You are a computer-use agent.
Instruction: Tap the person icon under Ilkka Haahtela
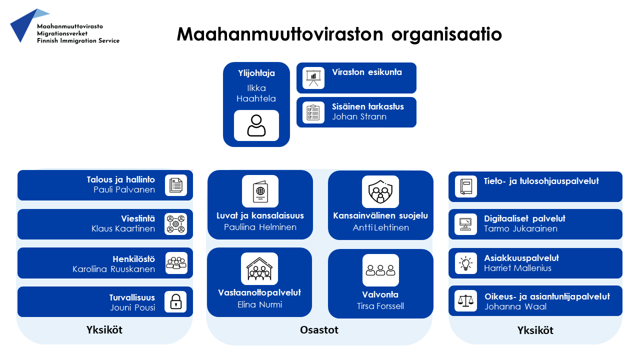(x=256, y=125)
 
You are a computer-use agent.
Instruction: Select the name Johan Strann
(x=359, y=117)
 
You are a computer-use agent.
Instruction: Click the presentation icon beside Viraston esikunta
(x=313, y=78)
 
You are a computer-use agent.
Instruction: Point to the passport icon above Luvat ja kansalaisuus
(x=260, y=191)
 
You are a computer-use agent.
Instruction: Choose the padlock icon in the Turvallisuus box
(x=175, y=301)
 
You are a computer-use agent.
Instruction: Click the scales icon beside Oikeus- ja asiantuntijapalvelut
(x=465, y=300)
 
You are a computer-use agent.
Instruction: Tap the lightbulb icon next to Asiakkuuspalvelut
(x=465, y=263)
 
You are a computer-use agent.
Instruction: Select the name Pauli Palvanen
(x=124, y=190)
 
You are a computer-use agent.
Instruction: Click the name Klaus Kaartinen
(x=123, y=229)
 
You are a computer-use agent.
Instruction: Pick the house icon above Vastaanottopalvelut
(x=259, y=268)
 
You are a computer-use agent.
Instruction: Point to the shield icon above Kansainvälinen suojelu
(x=380, y=191)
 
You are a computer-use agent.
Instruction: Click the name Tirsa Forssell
(x=380, y=306)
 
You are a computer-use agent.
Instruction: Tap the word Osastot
(x=319, y=330)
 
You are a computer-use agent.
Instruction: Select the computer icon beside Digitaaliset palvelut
(x=465, y=224)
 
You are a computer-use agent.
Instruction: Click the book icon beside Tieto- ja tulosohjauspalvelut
(x=465, y=186)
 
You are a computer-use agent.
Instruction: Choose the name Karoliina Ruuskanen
(x=113, y=269)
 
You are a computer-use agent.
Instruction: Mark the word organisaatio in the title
(x=446, y=34)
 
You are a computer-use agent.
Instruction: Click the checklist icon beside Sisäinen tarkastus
(x=313, y=112)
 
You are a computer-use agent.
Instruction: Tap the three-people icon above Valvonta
(x=380, y=270)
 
